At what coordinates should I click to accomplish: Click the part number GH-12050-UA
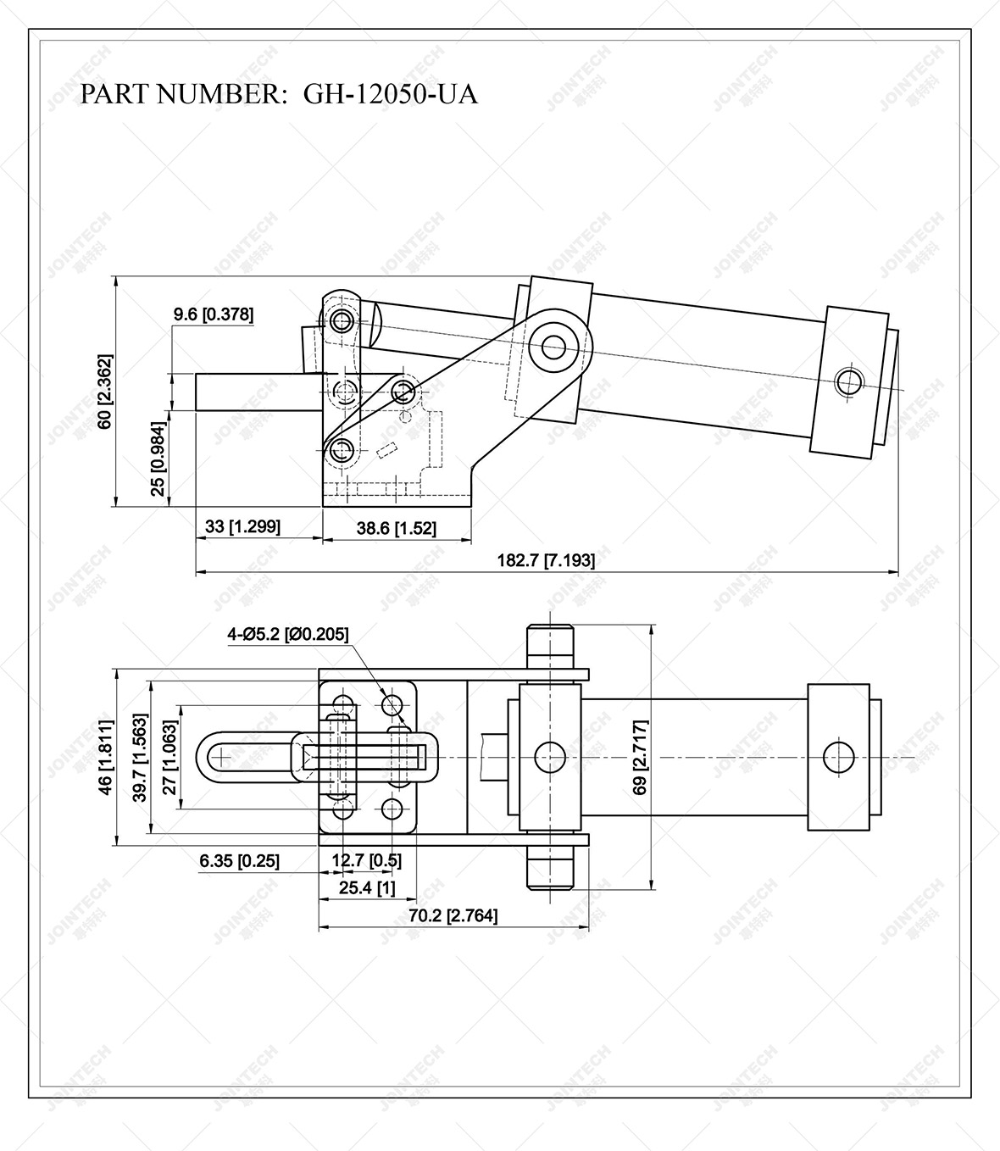tap(390, 94)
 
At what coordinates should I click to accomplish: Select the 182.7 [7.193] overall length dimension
tap(546, 560)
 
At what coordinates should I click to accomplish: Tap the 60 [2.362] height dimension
tap(104, 391)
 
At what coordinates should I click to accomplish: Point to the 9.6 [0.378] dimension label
tap(214, 314)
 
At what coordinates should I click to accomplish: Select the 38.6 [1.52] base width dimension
tap(396, 528)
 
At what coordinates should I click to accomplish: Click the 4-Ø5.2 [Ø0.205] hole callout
tap(287, 633)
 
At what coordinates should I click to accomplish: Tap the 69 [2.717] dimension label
tap(641, 757)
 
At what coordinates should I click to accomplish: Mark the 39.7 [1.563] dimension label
tap(140, 756)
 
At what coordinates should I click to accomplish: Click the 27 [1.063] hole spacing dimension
tap(169, 756)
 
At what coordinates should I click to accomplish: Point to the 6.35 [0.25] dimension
tap(240, 861)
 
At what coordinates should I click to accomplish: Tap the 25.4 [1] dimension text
tap(366, 887)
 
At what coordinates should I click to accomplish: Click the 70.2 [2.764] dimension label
tap(453, 915)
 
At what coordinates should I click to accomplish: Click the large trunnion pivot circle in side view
tap(554, 346)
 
